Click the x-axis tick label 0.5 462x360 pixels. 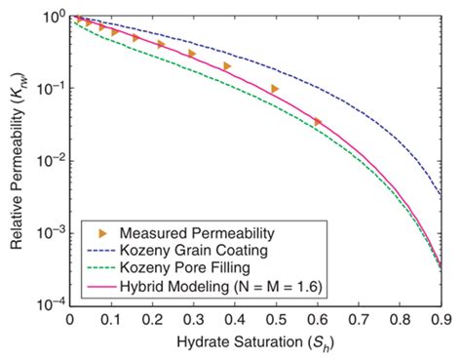pyautogui.click(x=276, y=318)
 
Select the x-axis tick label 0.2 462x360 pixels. pyautogui.click(x=152, y=318)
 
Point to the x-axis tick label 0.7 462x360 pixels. pyautogui.click(x=359, y=318)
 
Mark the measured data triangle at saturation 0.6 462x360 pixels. pyautogui.click(x=318, y=122)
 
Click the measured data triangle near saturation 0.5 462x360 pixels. pyautogui.click(x=276, y=89)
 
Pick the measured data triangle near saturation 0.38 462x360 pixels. pyautogui.click(x=227, y=66)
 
